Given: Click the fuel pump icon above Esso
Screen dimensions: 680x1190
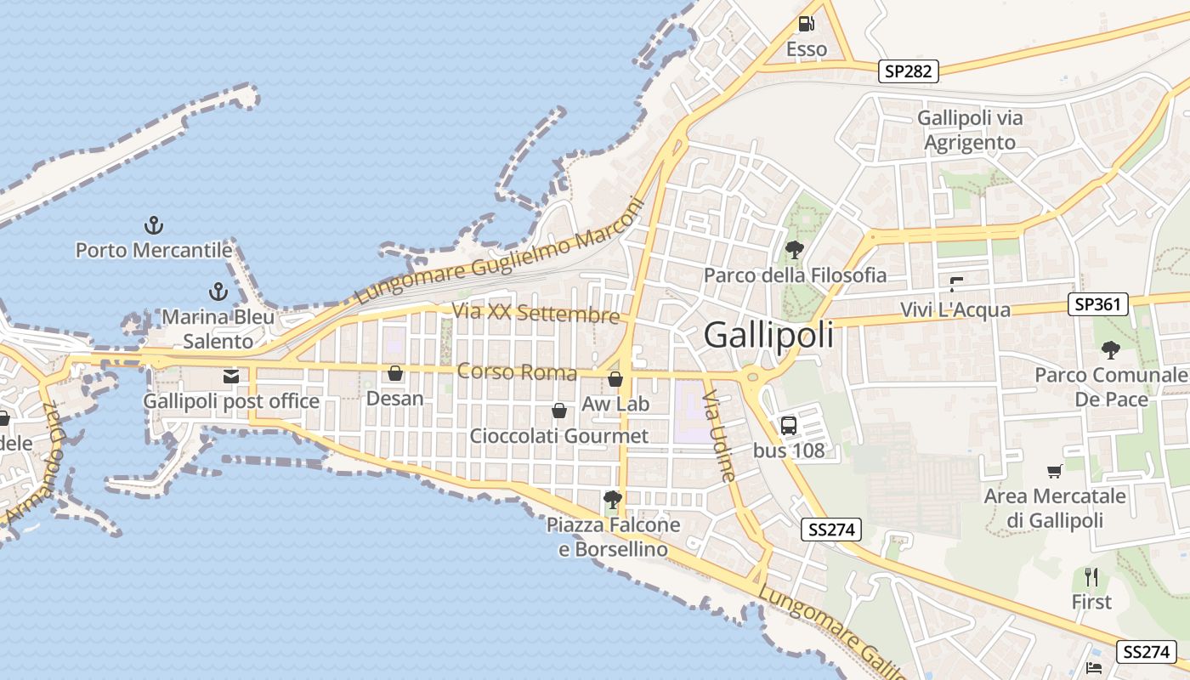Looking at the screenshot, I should (806, 24).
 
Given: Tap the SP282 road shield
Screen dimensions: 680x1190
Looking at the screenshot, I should (908, 71).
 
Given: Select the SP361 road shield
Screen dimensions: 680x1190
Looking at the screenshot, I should (1097, 304).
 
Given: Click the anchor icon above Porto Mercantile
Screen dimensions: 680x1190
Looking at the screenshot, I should (154, 225).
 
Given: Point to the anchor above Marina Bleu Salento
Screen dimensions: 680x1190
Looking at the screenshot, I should (218, 292).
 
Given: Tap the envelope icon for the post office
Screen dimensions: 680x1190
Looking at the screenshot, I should (230, 376).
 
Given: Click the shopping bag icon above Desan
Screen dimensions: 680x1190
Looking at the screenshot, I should (394, 373).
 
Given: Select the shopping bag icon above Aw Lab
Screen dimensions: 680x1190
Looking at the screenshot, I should (615, 379).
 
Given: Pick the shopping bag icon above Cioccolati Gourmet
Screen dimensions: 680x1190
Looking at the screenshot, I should (559, 411).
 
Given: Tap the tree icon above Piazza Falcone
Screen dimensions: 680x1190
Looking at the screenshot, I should (611, 500).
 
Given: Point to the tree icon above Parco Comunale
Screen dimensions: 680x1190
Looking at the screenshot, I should (1110, 349).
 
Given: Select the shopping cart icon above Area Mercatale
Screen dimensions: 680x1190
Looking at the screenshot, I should (1055, 471).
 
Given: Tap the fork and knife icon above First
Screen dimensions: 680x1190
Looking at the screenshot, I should (1091, 578).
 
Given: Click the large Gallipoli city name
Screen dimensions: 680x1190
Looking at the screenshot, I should (768, 336).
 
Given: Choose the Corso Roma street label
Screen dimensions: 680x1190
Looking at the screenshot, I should (517, 372).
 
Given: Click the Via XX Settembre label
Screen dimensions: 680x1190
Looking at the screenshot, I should (535, 313).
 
